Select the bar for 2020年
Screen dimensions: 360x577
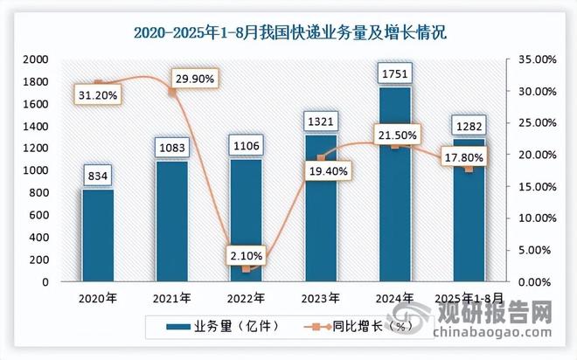point(98,236)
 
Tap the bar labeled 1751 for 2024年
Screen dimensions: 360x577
point(392,183)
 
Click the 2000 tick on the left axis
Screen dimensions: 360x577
point(35,59)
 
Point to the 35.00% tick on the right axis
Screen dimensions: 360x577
point(534,59)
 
